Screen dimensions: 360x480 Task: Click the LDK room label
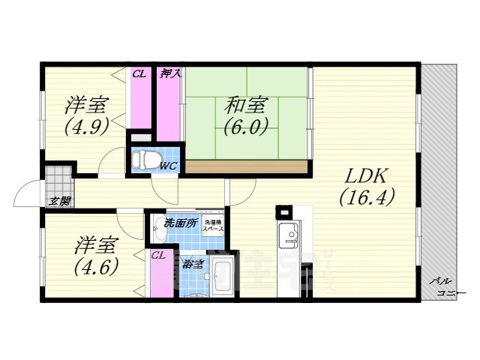364,177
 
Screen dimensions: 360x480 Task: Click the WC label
167,166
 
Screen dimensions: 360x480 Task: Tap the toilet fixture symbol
143,159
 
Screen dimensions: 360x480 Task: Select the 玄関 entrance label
60,200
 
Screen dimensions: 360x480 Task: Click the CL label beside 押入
139,73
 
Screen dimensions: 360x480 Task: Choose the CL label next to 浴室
158,255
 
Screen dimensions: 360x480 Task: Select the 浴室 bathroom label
193,263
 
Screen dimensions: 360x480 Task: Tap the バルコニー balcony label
439,286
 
